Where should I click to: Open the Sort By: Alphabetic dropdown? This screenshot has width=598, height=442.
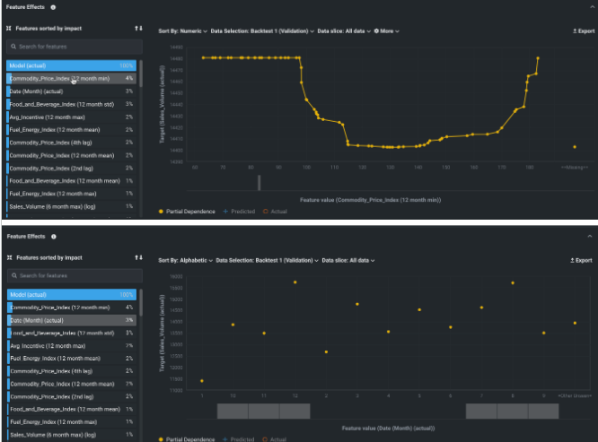click(185, 260)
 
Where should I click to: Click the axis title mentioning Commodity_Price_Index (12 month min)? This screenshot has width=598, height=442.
click(370, 200)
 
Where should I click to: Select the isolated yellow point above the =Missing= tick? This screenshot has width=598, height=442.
click(574, 147)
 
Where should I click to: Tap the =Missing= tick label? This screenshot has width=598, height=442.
click(574, 167)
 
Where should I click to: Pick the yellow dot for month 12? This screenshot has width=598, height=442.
click(295, 282)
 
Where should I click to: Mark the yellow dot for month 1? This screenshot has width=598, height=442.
click(201, 381)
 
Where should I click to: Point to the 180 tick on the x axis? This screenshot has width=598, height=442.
click(529, 167)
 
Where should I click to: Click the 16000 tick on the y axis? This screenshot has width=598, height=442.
click(176, 276)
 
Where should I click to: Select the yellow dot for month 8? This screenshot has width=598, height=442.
click(513, 283)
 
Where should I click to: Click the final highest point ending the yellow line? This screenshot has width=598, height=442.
click(538, 58)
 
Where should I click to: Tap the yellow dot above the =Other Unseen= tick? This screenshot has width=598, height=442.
click(574, 323)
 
